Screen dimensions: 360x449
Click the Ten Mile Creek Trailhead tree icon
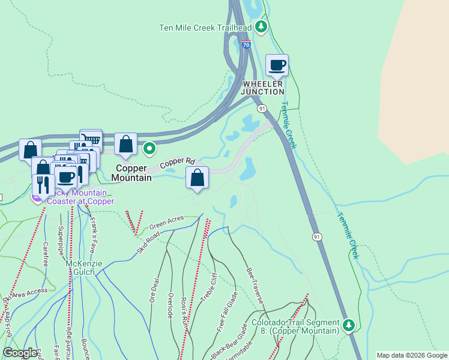click(x=261, y=26)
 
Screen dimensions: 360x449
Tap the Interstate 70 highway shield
click(x=247, y=44)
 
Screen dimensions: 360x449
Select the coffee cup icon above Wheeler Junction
click(x=277, y=65)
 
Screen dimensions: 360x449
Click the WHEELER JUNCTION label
click(x=263, y=88)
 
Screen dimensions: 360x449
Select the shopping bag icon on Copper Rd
click(x=197, y=178)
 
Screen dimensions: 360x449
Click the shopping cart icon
click(x=90, y=140)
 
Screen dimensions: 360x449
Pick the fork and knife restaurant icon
click(x=42, y=184)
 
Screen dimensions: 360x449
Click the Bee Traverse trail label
click(x=255, y=285)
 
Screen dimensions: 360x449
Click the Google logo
click(x=20, y=353)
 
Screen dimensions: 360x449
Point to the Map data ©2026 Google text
click(x=412, y=355)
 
